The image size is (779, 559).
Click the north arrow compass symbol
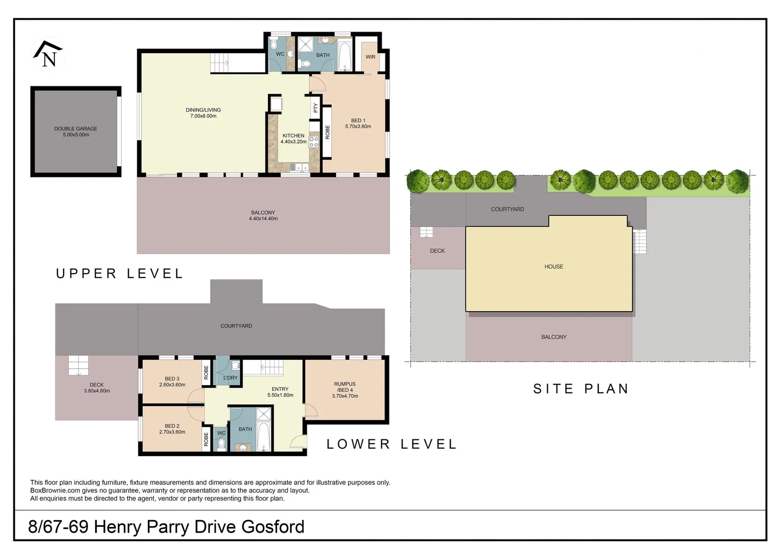coord(48,55)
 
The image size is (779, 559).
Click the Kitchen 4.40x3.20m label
coord(293,139)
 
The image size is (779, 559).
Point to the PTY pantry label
coord(316,108)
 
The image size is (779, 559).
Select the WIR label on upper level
coord(370,57)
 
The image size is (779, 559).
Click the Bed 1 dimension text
coord(358,126)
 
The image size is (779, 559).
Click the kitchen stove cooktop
coord(314,142)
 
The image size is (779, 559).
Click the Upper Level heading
coord(119,273)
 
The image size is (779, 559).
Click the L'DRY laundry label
coord(231,378)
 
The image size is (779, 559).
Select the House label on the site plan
coord(553,267)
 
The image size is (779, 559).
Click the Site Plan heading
coord(581,389)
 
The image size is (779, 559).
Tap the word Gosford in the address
coord(273,526)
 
